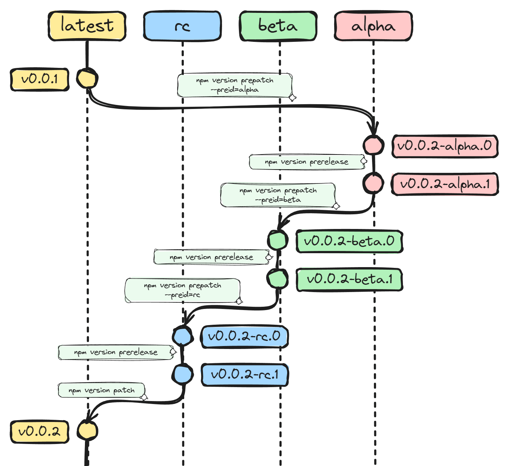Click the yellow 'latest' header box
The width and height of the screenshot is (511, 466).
point(87,26)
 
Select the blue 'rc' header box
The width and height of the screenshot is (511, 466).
point(182,26)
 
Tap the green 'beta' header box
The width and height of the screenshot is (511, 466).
point(278,26)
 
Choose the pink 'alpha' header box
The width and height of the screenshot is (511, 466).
point(373,26)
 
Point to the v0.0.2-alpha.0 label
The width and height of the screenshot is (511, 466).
point(444,146)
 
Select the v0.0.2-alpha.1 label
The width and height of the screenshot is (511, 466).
point(445,184)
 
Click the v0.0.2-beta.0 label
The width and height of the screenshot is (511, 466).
point(349,241)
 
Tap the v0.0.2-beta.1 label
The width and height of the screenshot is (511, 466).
point(349,280)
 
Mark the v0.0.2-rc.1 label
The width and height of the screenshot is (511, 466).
point(244,375)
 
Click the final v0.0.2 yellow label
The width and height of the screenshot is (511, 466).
point(39,432)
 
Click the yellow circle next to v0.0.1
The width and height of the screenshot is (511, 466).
point(87,79)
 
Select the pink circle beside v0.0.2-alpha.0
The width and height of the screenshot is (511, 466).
point(374,145)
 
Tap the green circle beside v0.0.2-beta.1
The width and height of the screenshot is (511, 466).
point(277,278)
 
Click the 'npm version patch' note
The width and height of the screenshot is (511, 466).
point(101,390)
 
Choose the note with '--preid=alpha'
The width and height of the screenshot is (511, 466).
point(235,85)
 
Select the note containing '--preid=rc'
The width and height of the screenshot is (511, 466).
point(182,290)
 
